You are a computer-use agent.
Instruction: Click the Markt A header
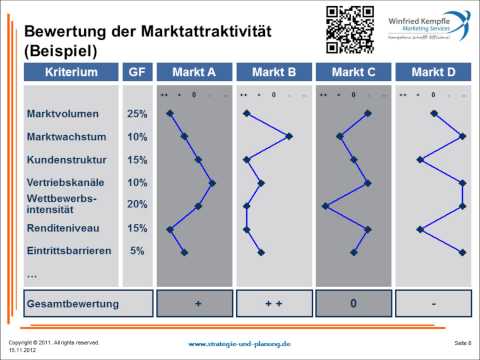[192, 73]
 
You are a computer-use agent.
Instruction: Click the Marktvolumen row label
[61, 113]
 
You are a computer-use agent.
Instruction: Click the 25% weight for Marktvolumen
[137, 113]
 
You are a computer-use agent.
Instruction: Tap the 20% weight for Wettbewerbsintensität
[137, 205]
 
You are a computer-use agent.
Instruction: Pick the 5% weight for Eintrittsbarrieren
[137, 251]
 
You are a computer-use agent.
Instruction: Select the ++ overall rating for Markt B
[272, 303]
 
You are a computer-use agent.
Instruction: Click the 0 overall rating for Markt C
[353, 303]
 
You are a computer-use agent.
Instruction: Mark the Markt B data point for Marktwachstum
[289, 136]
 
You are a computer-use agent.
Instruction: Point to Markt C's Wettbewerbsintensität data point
[325, 206]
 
